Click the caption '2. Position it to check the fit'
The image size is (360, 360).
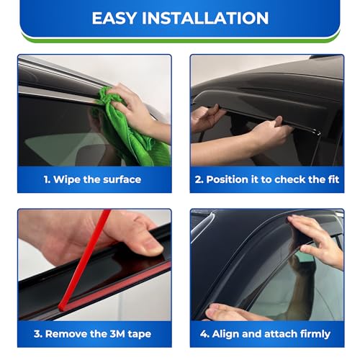266,179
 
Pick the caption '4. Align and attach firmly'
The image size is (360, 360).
266,333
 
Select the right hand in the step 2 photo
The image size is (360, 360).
270,133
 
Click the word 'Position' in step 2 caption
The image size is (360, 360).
230,179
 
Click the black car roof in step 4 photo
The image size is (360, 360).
238,230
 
